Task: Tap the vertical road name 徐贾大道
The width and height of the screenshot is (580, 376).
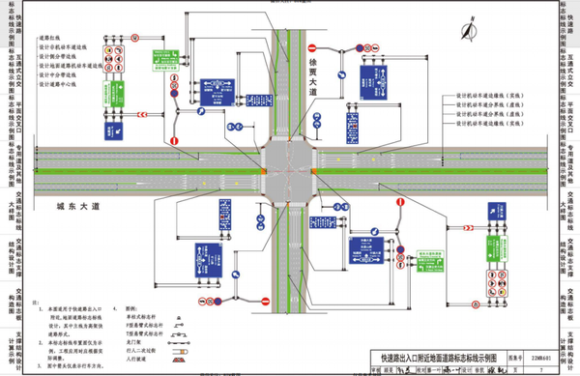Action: click(311, 73)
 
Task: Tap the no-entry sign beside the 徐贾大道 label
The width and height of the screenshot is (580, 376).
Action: click(311, 48)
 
